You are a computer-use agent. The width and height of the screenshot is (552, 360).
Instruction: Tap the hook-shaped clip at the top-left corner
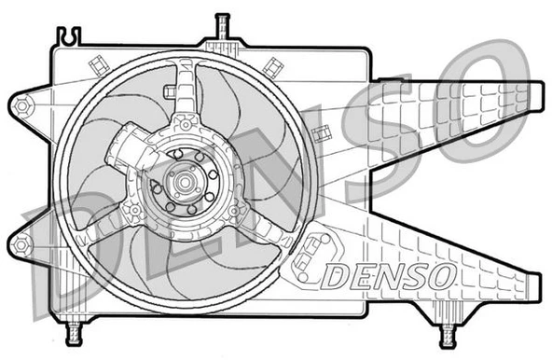69,36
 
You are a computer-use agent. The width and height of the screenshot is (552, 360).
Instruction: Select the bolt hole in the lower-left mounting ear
21,244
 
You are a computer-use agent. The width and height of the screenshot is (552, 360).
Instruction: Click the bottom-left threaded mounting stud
74,332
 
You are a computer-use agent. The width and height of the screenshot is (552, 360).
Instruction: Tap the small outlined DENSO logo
390,274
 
